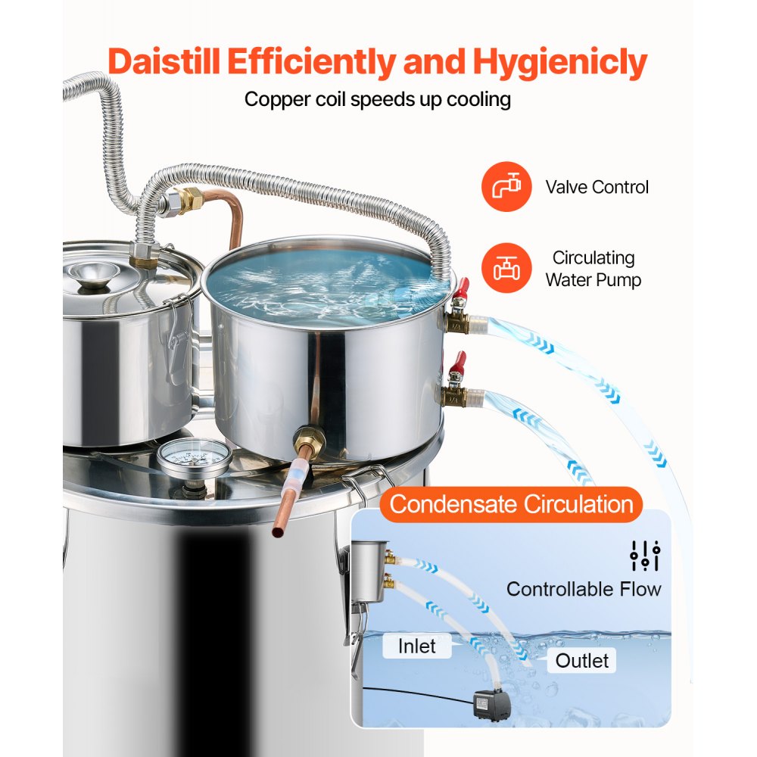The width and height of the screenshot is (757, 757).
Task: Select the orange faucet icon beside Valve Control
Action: [x=503, y=187]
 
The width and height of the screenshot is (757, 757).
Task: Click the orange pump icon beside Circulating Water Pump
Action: [x=503, y=268]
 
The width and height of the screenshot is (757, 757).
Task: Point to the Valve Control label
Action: [x=597, y=187]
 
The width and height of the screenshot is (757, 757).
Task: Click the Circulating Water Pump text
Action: [x=593, y=269]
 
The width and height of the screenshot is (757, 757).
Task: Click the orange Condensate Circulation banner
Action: [x=511, y=504]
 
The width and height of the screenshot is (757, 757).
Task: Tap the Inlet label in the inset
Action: [x=417, y=646]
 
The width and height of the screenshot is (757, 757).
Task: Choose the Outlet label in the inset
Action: [x=581, y=661]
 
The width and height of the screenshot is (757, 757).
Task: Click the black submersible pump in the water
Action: [x=481, y=703]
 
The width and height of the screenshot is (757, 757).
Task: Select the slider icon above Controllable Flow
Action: [x=645, y=556]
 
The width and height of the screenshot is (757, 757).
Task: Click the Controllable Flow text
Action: [x=584, y=589]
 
